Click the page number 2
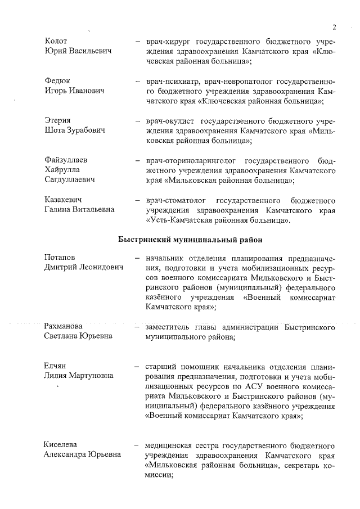pos(334,27)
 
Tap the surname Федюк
pos(57,80)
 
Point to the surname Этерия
pos(58,120)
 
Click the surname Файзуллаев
pos(66,160)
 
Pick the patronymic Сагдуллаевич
pos(69,180)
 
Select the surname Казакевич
pos(64,200)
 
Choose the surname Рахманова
pos(63,326)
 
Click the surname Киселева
pos(61,444)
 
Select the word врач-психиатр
pos(174,80)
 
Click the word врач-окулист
pos(170,120)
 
